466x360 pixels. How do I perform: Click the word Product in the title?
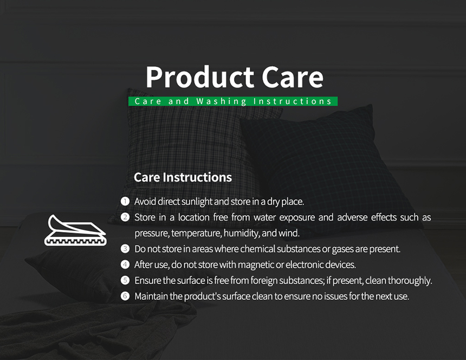pos(200,77)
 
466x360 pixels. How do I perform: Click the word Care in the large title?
pos(293,77)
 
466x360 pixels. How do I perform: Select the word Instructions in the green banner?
pos(293,101)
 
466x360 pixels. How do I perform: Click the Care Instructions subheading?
pos(183,177)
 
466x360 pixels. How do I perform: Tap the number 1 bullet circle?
pos(125,201)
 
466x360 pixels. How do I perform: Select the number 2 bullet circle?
pos(125,217)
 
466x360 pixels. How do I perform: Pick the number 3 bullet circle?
pos(125,249)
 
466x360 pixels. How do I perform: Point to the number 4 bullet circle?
pos(125,265)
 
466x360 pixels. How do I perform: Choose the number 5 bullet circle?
pos(125,280)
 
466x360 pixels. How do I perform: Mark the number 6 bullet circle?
pos(125,296)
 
